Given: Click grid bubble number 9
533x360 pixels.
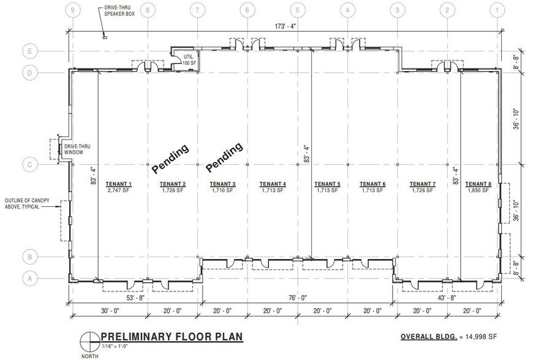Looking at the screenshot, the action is pos(72,10).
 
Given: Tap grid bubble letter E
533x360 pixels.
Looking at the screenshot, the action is pos(30,51).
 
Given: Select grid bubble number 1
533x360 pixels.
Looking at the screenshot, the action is pos(497,10).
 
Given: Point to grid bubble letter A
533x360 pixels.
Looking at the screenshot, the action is pos(30,279).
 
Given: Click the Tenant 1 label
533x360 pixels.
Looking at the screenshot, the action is pos(119,184).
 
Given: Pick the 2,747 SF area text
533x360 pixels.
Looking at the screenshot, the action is pos(119,190).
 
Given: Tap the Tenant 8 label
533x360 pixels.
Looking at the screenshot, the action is pos(478,184).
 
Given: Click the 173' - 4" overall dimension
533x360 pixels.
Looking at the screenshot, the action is pos(285,26).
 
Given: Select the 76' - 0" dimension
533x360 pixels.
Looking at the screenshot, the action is pos(298,298).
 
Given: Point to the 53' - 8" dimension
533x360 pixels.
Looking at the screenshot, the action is pos(135,298).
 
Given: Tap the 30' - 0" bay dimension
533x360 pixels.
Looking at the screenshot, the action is pos(110,311).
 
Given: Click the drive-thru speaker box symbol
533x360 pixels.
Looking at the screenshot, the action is pos(105,37).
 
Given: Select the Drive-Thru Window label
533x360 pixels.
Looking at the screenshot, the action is pos(77,149).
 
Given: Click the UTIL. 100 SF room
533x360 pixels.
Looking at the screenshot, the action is pos(186,61).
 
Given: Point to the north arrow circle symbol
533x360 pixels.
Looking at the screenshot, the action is pos(89,341).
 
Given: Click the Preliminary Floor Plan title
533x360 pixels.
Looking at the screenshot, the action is pos(172,337).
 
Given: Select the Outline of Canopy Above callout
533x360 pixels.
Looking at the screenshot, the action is pos(27,203).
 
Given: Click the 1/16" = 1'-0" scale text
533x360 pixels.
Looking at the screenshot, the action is pos(115,346).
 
